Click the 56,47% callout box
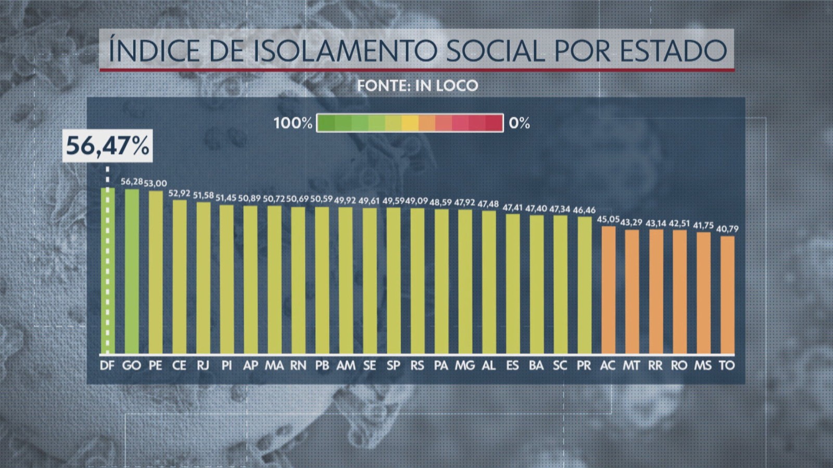[x=108, y=146]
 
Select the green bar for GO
[x=132, y=270]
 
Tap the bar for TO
[x=727, y=294]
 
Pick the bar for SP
[x=394, y=281]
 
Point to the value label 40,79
[x=727, y=228]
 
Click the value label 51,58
[x=203, y=195]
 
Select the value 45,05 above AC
[x=608, y=219]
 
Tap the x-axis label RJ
[x=203, y=366]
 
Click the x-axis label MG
[x=465, y=366]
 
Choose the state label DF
[x=107, y=366]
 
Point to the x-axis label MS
[x=703, y=366]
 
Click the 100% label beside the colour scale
[x=293, y=123]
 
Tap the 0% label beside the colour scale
[x=519, y=123]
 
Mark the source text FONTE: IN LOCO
[x=417, y=85]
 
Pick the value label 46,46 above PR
[x=584, y=210]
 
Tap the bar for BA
[x=536, y=284]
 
